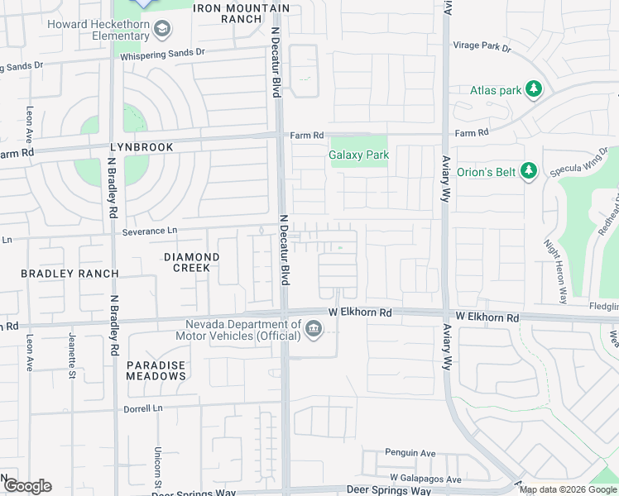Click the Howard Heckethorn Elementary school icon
click(163, 31)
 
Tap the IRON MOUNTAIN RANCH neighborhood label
click(241, 13)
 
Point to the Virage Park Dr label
click(482, 48)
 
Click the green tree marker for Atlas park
click(534, 89)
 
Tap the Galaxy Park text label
click(358, 155)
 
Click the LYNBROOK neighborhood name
click(142, 147)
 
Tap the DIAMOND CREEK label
click(191, 263)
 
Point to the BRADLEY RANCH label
click(70, 274)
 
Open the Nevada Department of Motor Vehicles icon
click(314, 330)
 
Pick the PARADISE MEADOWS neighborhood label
click(156, 370)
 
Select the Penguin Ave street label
click(410, 453)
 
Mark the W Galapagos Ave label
click(425, 479)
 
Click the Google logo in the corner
click(26, 486)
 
